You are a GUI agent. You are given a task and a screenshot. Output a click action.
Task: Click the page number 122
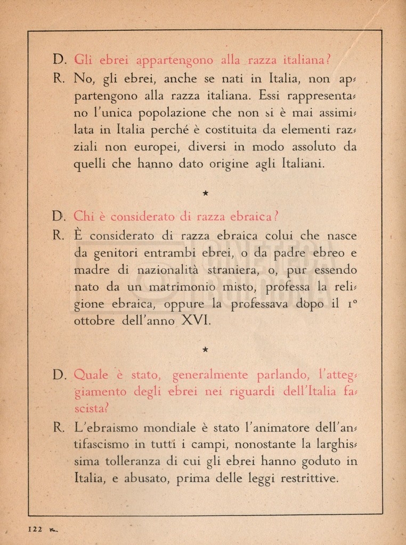tap(35, 529)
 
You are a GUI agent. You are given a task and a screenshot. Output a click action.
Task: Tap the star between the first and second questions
tap(205, 194)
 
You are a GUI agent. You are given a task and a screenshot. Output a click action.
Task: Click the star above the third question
tap(205, 349)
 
